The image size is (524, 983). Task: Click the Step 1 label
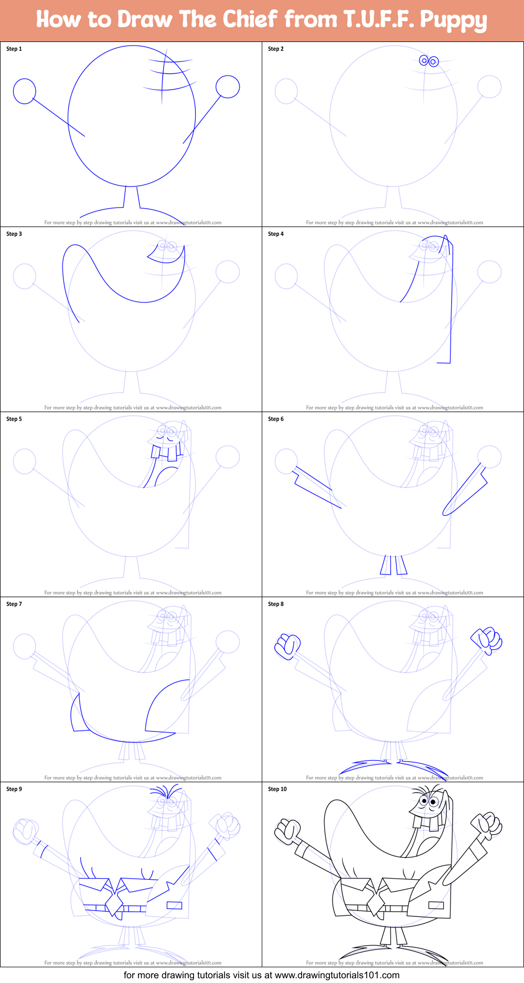pos(14,49)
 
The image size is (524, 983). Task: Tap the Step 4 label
pos(275,234)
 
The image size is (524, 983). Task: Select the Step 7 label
pos(14,604)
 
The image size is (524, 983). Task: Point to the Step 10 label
pos(277,789)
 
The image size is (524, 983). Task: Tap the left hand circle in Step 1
pos(24,91)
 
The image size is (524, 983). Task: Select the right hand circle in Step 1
pos(228,87)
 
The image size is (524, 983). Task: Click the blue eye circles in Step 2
pos(429,61)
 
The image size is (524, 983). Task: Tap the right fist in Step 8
pos(488,639)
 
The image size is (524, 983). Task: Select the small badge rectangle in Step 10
pos(436,905)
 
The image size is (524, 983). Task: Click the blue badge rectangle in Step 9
pos(174,905)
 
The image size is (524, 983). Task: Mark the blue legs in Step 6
pos(393,565)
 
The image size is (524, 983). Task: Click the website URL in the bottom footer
pos(337,975)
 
